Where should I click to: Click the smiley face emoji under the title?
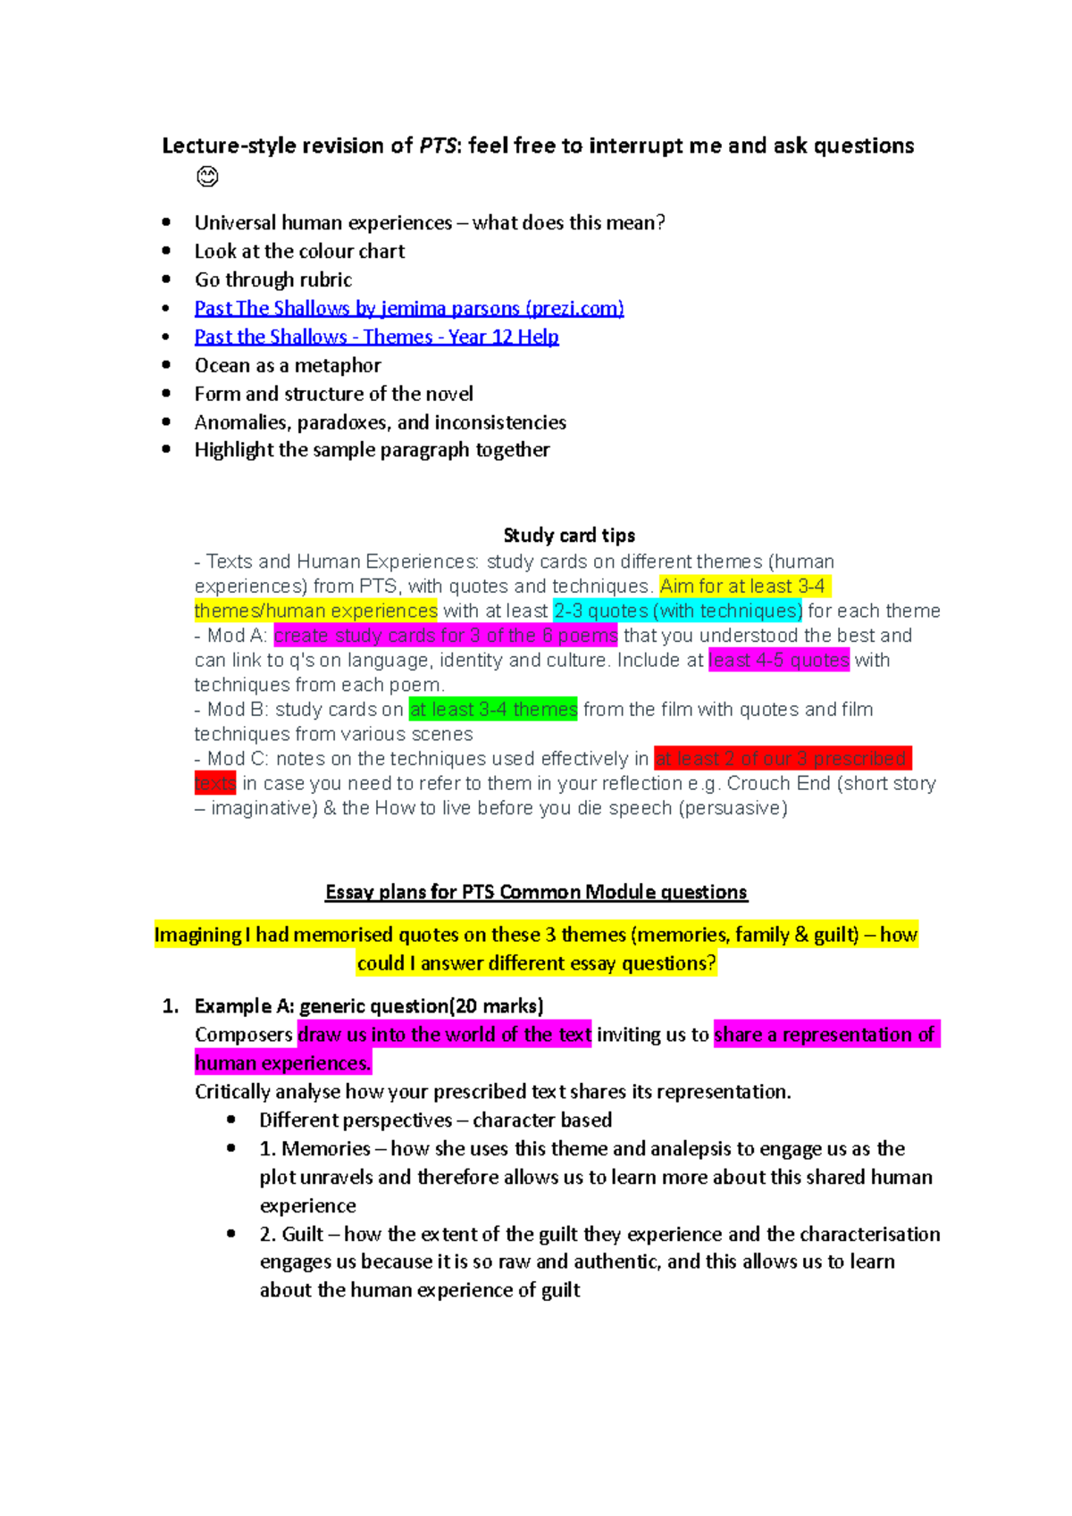point(207,177)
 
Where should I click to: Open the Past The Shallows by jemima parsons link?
point(408,308)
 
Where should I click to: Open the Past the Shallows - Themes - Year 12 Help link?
point(376,337)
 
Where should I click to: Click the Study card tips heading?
point(569,535)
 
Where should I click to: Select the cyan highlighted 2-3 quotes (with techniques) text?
point(677,611)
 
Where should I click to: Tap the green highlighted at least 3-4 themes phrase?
point(493,709)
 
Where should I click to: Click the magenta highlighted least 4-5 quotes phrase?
point(778,660)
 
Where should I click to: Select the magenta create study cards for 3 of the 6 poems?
point(445,636)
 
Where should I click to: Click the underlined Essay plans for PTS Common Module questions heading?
point(536,892)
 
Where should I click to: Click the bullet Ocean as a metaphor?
point(288,365)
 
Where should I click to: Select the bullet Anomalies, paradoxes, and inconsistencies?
point(380,422)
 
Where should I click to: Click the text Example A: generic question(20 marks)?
point(368,1006)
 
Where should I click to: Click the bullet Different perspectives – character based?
point(435,1120)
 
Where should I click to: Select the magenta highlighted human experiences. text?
point(282,1063)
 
